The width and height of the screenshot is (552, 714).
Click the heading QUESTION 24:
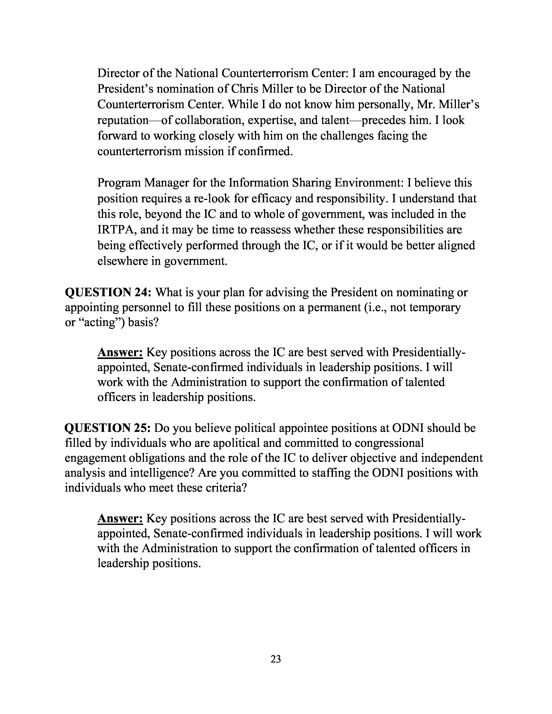pos(108,292)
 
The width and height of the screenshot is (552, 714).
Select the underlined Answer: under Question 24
pos(120,352)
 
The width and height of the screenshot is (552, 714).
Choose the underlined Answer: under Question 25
pos(120,518)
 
